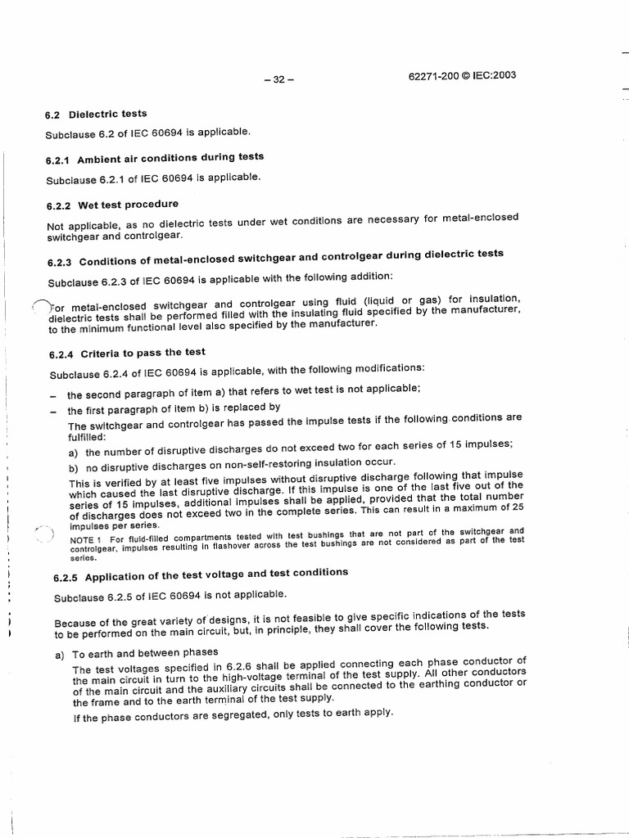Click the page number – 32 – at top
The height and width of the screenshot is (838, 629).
[278, 80]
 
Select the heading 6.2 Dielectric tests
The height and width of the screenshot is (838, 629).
[97, 114]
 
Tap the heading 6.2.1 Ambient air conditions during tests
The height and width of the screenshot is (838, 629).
[155, 158]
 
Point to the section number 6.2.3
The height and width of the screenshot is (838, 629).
[61, 261]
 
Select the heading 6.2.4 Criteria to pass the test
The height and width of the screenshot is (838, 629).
[126, 353]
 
